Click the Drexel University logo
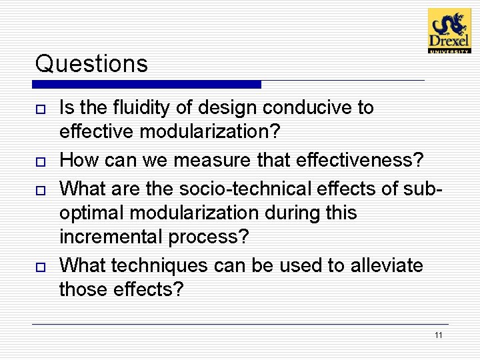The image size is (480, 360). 449,31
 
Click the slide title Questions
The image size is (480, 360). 91,64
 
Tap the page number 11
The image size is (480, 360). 438,335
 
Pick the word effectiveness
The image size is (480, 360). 359,160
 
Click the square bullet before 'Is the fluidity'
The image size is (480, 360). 41,109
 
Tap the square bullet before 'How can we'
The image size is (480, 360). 41,161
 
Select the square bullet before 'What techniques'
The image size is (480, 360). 41,267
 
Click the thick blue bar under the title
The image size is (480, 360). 147,85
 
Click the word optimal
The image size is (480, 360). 92,213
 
